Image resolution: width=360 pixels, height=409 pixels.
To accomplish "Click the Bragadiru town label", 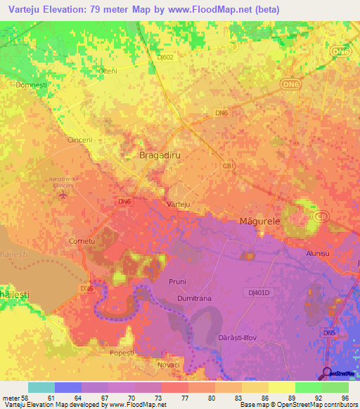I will (160, 155).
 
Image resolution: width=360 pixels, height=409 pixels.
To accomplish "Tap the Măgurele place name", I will (257, 221).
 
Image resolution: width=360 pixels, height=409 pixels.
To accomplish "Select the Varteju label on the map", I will (179, 204).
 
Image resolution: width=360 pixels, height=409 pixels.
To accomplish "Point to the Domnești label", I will (30, 84).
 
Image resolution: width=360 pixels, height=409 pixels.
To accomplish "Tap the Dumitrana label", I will (194, 298).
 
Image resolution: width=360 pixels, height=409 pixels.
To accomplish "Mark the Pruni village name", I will (177, 282).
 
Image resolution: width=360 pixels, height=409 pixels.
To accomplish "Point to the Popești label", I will (122, 352).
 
